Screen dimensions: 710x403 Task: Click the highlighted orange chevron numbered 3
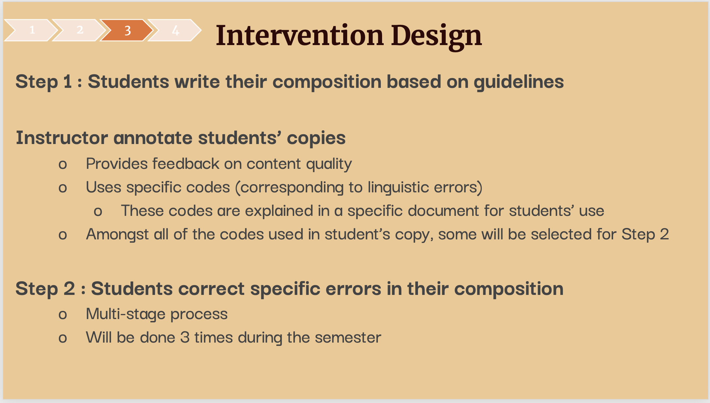tap(127, 30)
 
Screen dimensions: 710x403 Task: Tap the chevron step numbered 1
tap(31, 30)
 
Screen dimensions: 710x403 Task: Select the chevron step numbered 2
tap(79, 30)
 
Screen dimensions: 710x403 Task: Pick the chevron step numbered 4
tap(175, 30)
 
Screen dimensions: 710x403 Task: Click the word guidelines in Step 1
tap(518, 82)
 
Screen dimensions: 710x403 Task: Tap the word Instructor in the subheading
tap(62, 137)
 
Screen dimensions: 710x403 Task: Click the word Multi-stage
tap(126, 314)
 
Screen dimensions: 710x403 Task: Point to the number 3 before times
tap(185, 337)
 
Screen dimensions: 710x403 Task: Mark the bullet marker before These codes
tap(98, 212)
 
